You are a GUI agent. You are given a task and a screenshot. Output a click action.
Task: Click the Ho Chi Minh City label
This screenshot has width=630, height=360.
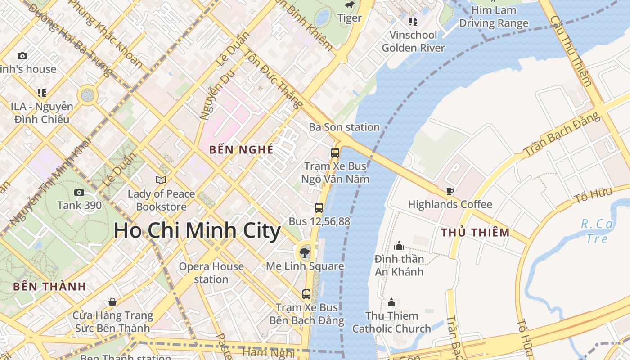pyautogui.click(x=197, y=231)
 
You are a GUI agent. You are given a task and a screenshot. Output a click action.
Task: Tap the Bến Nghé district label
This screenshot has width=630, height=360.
pyautogui.click(x=241, y=150)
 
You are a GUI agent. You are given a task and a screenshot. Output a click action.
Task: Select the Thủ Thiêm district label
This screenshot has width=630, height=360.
pyautogui.click(x=475, y=233)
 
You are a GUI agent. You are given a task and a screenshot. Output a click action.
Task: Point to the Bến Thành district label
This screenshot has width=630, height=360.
pyautogui.click(x=49, y=287)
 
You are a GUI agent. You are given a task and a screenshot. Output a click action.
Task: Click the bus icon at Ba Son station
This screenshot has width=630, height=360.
pyautogui.click(x=335, y=153)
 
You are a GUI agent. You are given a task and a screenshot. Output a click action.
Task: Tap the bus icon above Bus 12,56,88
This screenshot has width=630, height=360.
pyautogui.click(x=319, y=207)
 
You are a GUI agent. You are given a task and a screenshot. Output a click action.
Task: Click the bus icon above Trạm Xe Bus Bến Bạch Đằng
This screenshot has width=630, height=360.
pyautogui.click(x=306, y=294)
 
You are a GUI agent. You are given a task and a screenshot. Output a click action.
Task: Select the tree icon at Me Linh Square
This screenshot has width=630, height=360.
pyautogui.click(x=305, y=252)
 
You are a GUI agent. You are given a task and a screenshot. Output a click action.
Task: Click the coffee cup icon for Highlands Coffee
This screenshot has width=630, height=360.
pyautogui.click(x=450, y=191)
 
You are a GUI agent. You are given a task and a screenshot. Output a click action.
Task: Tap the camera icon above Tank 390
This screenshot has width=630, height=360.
pyautogui.click(x=79, y=192)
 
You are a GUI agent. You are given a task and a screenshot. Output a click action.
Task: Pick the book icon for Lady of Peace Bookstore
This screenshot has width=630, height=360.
pyautogui.click(x=161, y=180)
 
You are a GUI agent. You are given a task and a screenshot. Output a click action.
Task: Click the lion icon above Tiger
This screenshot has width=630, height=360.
pyautogui.click(x=349, y=5)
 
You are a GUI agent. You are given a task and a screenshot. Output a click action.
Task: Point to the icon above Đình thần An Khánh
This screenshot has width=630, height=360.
pyautogui.click(x=399, y=246)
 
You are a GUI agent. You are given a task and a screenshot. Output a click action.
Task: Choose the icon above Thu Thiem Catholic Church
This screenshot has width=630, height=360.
pyautogui.click(x=391, y=302)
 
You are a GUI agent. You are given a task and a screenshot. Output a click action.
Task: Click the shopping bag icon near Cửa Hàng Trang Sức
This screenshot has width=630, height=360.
pyautogui.click(x=112, y=301)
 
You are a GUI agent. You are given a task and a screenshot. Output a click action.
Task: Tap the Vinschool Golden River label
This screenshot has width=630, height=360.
pyautogui.click(x=413, y=41)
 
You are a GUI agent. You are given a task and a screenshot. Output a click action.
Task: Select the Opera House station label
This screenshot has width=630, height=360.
pyautogui.click(x=211, y=273)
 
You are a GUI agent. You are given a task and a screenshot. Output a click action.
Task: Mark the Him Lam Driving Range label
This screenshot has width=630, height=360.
pyautogui.click(x=494, y=17)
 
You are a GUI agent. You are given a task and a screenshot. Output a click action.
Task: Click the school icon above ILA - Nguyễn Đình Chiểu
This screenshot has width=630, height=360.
pyautogui.click(x=42, y=93)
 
